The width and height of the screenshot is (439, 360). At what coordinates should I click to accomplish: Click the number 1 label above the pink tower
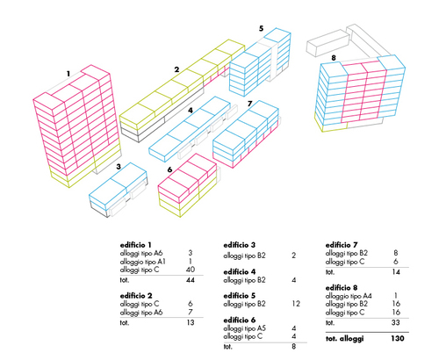68,74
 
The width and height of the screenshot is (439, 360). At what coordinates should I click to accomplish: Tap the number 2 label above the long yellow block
176,69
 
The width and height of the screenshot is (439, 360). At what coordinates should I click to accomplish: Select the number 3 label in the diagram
119,167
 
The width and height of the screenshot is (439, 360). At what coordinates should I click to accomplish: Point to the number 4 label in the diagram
191,111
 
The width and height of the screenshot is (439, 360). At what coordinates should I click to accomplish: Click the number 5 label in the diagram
261,28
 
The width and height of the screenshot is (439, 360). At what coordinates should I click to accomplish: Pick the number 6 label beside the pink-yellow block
169,169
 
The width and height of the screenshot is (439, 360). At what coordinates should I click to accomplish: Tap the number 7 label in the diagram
249,104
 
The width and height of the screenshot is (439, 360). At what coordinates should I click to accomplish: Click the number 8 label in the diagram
334,58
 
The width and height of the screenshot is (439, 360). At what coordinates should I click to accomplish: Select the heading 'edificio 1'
135,245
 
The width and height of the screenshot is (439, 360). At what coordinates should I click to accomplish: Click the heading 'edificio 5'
240,296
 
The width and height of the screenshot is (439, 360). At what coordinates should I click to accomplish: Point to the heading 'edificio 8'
342,288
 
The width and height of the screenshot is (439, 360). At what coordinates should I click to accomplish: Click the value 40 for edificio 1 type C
191,270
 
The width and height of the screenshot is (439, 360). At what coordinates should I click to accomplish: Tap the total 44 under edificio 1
191,280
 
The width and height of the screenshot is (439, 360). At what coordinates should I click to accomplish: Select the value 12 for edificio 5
296,304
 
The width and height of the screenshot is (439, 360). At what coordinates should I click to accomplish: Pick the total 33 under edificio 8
396,322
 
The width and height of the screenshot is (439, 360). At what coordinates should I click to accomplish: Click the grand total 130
398,338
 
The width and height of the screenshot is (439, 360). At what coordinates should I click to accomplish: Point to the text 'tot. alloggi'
344,339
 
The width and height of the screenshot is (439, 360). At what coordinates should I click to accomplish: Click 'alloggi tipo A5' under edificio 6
245,328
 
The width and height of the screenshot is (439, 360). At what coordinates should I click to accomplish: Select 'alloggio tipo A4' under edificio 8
349,296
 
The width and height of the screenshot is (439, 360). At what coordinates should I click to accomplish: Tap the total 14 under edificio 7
396,272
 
